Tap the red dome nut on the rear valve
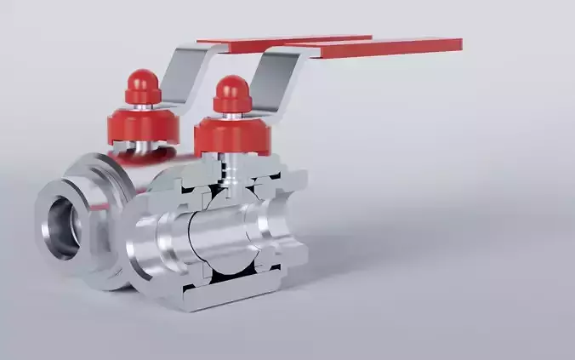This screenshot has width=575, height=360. click(x=142, y=86)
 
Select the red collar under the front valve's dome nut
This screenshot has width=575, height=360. click(x=232, y=136)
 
